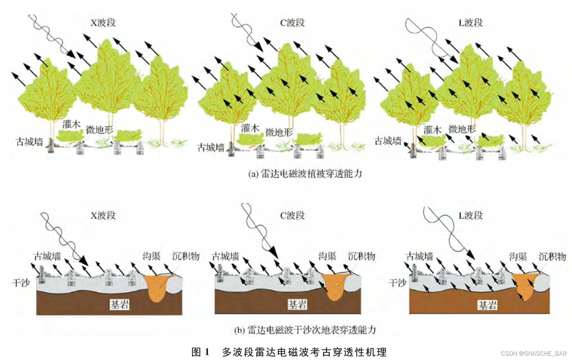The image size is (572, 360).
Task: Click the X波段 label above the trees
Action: [x=103, y=23]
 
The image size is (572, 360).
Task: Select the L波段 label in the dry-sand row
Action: [x=470, y=216]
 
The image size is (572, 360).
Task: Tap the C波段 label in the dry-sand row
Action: [x=293, y=216]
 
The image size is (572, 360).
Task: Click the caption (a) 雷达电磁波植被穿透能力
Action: [x=305, y=174]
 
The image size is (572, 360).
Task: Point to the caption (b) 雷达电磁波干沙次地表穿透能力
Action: [x=305, y=330]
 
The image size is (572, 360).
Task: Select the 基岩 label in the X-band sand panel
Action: [x=120, y=304]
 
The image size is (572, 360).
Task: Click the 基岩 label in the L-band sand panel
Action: [x=487, y=305]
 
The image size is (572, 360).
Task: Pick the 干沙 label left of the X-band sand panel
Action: [x=21, y=283]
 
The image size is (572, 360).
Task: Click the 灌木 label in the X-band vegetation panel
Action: [x=71, y=124]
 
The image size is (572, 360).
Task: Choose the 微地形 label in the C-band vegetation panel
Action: [x=279, y=132]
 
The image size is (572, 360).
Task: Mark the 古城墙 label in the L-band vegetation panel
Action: [x=388, y=141]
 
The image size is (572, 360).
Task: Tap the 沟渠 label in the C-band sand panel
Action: [x=327, y=256]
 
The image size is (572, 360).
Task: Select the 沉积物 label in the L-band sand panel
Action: [x=552, y=257]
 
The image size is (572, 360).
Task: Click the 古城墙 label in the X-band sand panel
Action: [x=47, y=256]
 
